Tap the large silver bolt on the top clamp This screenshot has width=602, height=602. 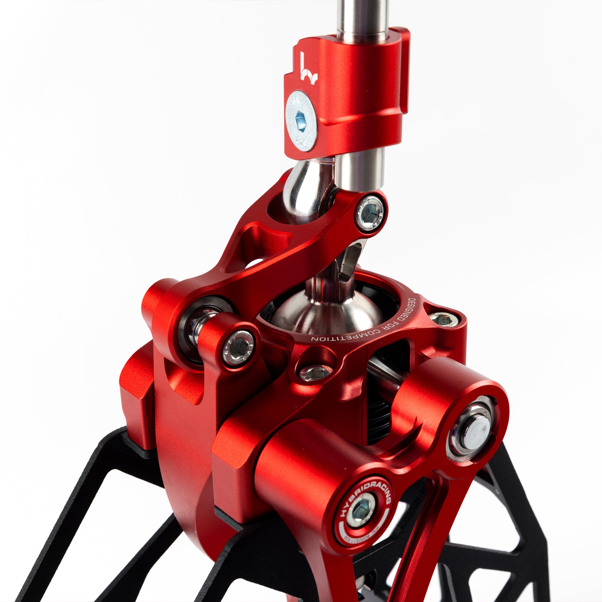[x=301, y=121]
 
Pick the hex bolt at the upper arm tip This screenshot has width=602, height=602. [x=371, y=213]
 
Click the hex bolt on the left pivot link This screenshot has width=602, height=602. [x=238, y=348]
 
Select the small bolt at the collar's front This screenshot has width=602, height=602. [x=315, y=373]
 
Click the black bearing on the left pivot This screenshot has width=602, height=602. [x=188, y=332]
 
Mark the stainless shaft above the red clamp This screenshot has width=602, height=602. [x=362, y=19]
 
